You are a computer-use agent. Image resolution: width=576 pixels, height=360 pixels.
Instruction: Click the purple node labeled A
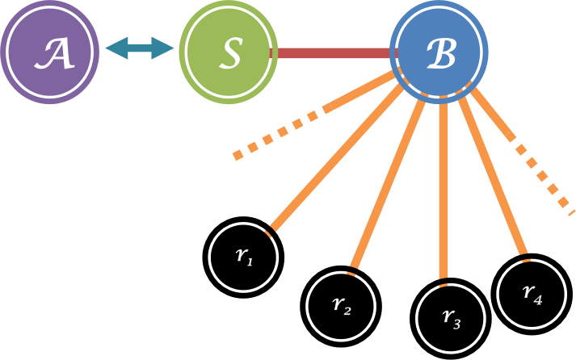pos(48,48)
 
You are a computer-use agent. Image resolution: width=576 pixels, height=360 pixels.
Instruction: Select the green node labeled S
pos(228,50)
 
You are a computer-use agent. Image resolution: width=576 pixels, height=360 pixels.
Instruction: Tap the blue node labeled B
pos(439,53)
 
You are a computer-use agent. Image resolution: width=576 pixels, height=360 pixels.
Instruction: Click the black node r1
pos(242,256)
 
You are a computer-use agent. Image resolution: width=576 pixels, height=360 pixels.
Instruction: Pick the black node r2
pos(340,304)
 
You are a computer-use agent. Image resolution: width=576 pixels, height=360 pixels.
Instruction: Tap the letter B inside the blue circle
pos(440,54)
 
